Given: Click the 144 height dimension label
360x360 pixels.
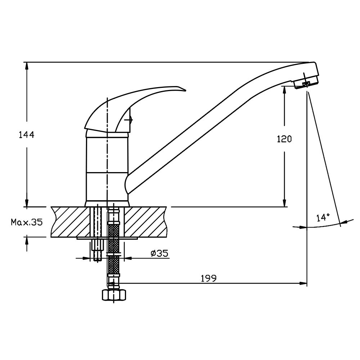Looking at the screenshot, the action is pos(26,135).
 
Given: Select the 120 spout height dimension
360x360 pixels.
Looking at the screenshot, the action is pos(284,139).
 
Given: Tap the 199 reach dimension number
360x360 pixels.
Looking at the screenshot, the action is pos(209,279).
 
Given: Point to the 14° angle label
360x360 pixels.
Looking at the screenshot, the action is pos(323,217).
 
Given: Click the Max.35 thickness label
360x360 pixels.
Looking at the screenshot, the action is pos(27,222).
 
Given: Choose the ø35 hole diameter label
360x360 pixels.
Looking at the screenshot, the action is pos(159,253).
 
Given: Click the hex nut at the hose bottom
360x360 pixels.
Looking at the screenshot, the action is pos(114,295).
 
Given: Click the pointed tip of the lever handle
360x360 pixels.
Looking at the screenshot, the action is pos(185,91).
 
